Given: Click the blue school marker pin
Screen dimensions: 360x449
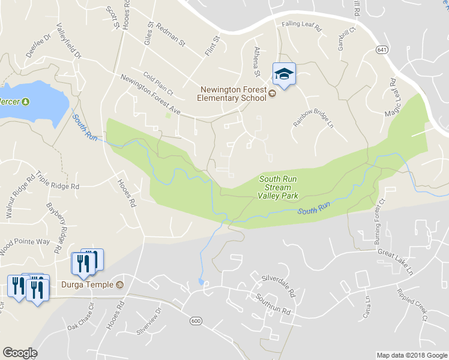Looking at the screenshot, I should [285, 74].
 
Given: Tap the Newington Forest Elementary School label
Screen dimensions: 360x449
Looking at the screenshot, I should [234, 94].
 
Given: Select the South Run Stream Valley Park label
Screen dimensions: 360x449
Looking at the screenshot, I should [278, 187].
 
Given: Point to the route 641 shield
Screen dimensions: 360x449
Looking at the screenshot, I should [382, 49].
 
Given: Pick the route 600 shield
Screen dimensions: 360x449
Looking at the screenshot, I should [195, 322].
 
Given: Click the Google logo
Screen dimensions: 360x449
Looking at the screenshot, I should [20, 353].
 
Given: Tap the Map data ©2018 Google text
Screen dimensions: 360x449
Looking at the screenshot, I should [411, 355].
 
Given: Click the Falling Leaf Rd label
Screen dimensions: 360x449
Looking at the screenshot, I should [302, 26].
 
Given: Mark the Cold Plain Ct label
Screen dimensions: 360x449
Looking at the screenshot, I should [158, 83].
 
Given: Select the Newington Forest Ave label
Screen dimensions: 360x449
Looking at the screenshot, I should [150, 94].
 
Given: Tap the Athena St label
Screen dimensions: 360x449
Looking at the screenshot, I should [258, 62].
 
